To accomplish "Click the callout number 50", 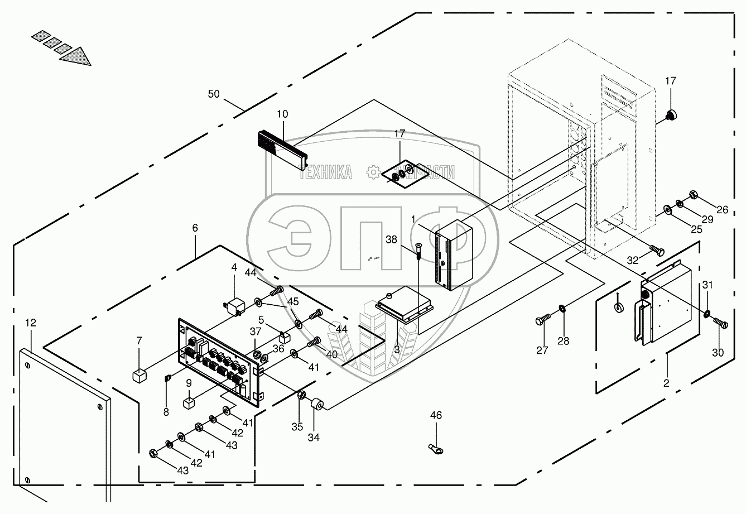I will coord(214,94).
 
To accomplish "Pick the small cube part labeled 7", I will coord(139,374).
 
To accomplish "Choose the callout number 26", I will coord(723,210).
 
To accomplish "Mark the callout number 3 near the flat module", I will coord(397,349).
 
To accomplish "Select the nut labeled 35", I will coord(300,395).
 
